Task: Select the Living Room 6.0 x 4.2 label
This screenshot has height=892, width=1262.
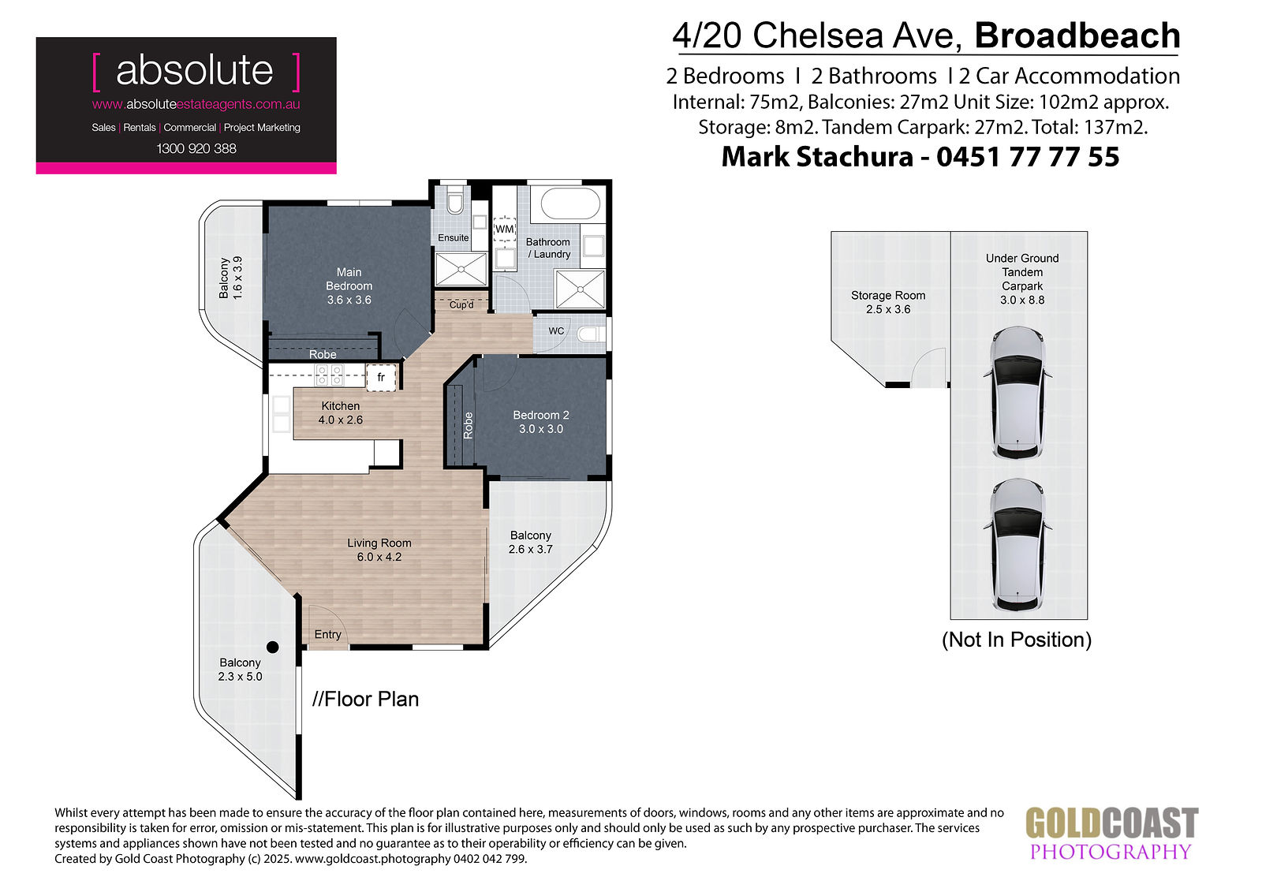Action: [379, 550]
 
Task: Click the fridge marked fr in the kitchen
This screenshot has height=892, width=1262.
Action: [382, 377]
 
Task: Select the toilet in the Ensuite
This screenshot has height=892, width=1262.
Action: [455, 200]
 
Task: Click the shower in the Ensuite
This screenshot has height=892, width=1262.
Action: [461, 269]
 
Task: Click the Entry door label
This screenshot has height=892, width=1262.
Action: [328, 634]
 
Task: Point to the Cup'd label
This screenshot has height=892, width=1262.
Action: [461, 305]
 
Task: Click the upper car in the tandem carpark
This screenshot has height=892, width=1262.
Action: [1017, 393]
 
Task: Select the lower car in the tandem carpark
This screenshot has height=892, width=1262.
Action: [1017, 545]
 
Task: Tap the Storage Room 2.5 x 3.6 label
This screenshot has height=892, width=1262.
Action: [888, 302]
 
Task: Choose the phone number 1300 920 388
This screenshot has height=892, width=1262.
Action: [196, 149]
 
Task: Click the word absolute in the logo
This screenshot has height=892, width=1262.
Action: [194, 70]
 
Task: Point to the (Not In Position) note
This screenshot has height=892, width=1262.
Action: [1017, 640]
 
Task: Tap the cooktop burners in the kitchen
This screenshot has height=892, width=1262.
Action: [329, 375]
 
